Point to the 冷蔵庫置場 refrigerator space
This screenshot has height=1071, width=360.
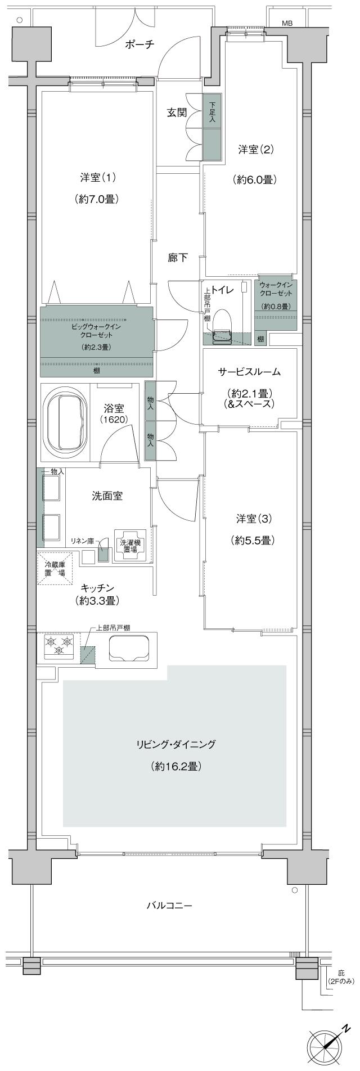tap(55, 569)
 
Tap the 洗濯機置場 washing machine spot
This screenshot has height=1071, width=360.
tap(129, 546)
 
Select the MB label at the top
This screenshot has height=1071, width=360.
tap(287, 23)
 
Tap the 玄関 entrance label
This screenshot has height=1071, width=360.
tap(176, 112)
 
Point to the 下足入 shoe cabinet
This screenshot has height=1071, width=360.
tap(212, 112)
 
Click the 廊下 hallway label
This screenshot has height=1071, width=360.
tap(178, 258)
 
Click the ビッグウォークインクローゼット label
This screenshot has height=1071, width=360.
tap(96, 330)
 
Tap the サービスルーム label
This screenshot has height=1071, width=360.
tap(249, 372)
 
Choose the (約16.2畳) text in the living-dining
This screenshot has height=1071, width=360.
tap(176, 766)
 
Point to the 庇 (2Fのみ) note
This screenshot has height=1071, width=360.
tap(341, 977)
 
